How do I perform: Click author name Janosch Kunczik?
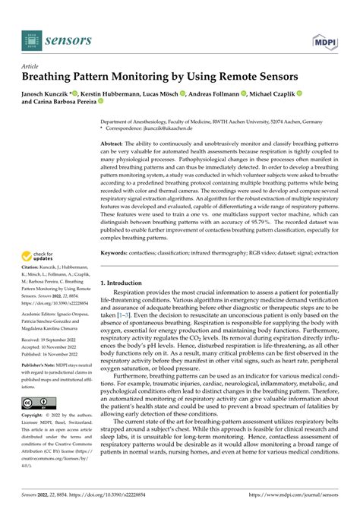click(x=51, y=93)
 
